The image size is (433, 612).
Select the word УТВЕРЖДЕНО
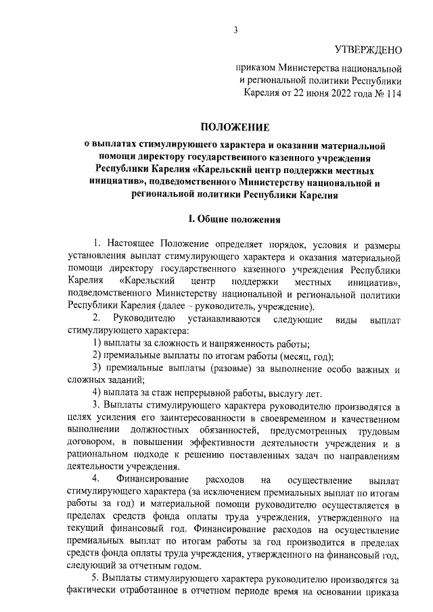(x=368, y=50)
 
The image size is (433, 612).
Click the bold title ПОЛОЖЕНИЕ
(x=234, y=126)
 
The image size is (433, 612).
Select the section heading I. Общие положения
(x=233, y=219)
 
